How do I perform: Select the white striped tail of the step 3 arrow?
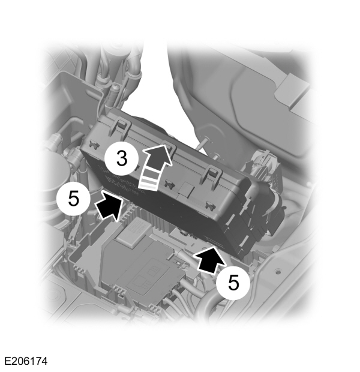148,181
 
